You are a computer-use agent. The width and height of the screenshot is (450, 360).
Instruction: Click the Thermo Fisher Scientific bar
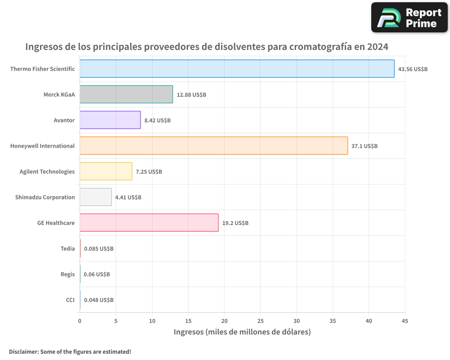[x=237, y=69]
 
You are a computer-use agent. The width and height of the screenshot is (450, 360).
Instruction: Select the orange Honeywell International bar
[x=214, y=146]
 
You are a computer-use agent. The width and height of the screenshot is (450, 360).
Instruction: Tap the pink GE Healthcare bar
[x=149, y=223]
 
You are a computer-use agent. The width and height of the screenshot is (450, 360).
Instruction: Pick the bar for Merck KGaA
[x=126, y=94]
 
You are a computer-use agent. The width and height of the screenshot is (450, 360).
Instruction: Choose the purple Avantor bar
[x=110, y=120]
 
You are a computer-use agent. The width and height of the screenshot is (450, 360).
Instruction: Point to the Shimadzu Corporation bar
[x=96, y=197]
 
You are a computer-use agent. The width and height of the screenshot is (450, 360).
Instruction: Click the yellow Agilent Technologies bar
[x=106, y=171]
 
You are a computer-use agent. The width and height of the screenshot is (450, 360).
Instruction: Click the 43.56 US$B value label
[x=413, y=69]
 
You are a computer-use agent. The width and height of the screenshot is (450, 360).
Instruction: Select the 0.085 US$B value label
[x=99, y=249]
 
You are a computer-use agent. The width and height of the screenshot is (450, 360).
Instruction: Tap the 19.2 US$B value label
[x=235, y=223]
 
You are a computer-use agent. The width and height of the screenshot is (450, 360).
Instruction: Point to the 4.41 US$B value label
[x=128, y=198]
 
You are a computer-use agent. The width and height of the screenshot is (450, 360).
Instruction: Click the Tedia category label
[x=67, y=248]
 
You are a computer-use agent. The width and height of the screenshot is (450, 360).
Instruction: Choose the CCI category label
[x=70, y=300]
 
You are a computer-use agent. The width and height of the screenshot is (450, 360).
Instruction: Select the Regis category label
[x=67, y=274]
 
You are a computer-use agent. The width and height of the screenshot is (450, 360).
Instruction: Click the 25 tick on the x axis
[x=261, y=321]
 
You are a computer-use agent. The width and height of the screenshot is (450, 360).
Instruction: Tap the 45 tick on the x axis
[x=405, y=321]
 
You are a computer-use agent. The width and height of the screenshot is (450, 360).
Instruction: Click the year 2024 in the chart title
[x=377, y=47]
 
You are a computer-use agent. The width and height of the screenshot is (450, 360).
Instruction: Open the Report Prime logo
[x=409, y=18]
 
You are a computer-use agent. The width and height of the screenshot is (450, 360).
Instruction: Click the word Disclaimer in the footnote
[x=23, y=351]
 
